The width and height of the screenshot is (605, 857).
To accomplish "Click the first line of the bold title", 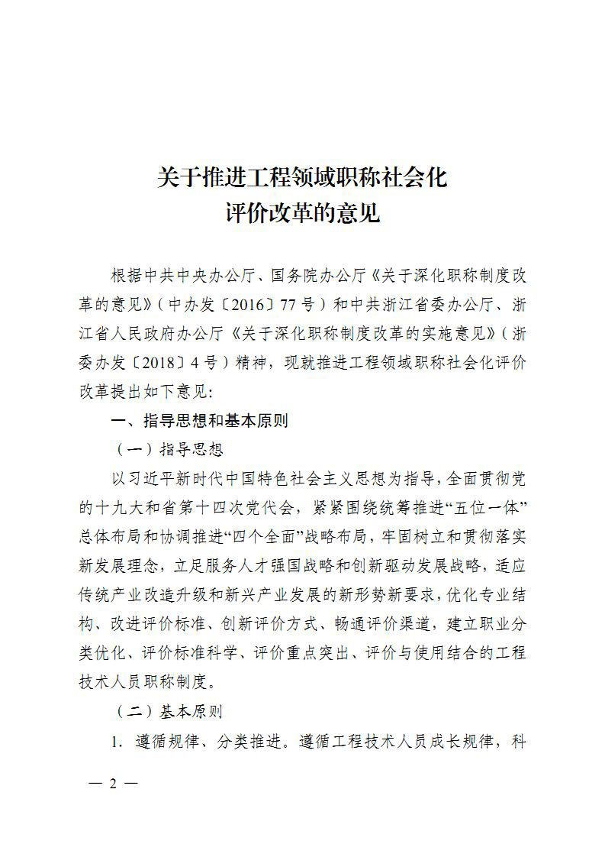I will point(301,178).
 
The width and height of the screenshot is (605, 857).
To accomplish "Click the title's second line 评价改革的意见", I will point(302,213).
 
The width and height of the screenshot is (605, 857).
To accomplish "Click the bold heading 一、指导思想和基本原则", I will point(199,421).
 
